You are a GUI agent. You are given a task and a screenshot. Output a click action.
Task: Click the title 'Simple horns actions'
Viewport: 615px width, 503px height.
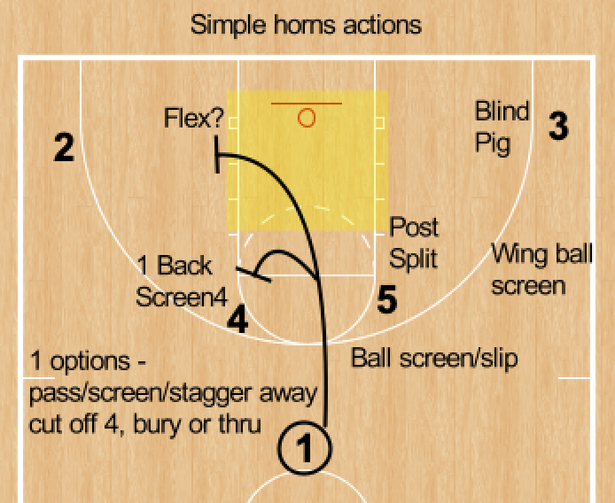click(306, 24)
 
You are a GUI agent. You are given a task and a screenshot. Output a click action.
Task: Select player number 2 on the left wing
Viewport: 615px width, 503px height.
click(64, 147)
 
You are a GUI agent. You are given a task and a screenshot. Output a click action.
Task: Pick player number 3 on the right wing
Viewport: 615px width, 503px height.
click(557, 126)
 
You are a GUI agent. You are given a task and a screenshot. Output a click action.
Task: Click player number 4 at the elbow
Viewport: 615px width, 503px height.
click(237, 319)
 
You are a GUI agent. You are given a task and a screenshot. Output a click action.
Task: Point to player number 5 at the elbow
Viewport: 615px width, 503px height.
click(386, 301)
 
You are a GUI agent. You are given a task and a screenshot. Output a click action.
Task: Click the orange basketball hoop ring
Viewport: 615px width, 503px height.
click(307, 117)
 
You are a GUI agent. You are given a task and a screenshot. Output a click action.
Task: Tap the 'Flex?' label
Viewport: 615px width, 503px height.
click(193, 118)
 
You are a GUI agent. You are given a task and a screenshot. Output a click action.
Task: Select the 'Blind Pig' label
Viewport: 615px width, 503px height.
click(502, 127)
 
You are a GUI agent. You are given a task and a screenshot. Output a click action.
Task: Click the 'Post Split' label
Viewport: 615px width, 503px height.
click(415, 242)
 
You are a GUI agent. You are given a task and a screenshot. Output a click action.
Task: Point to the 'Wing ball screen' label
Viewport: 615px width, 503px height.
click(532, 269)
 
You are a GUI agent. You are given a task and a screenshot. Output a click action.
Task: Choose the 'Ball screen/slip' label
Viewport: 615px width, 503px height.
click(434, 358)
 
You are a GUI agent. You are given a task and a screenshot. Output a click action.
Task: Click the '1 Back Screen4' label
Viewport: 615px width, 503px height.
click(181, 281)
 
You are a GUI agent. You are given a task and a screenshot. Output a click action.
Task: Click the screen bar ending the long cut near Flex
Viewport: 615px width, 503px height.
click(217, 156)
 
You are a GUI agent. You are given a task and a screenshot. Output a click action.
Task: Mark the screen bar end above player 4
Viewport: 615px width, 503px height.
click(253, 272)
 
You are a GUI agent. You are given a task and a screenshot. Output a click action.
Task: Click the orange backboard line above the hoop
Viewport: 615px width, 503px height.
click(307, 104)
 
